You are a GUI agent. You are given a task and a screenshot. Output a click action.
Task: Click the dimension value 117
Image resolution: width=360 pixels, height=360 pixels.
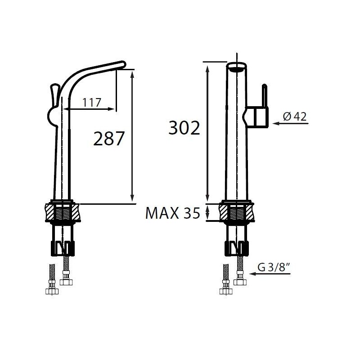(91, 103)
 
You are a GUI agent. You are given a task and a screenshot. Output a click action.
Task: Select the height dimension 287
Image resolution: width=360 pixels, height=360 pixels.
(108, 139)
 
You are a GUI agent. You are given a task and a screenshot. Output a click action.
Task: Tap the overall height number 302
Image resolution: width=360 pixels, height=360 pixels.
(184, 129)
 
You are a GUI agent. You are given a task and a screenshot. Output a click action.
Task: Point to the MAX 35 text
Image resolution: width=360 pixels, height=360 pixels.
(172, 213)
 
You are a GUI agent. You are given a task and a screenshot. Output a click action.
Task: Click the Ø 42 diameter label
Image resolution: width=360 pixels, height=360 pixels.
(295, 117)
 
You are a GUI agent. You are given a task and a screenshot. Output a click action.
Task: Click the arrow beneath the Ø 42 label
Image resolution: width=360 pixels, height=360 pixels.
(291, 123)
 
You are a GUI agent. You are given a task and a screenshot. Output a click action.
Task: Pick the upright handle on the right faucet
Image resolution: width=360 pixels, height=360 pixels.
(265, 95)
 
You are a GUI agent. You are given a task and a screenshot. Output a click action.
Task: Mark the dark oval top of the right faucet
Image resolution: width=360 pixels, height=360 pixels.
(236, 68)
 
